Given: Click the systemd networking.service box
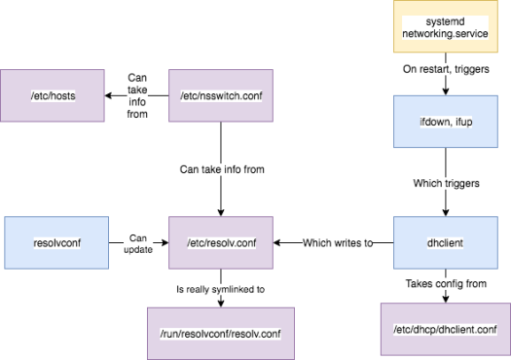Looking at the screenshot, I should click(x=446, y=27).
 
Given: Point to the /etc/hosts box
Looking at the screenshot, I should click(x=55, y=96).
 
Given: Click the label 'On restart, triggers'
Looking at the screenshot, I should click(x=446, y=71).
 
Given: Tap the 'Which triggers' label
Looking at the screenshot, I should click(x=446, y=184).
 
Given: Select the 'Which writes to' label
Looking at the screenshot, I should click(x=337, y=242).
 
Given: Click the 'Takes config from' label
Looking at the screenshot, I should click(x=446, y=283).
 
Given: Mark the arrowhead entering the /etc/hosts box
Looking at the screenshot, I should click(x=109, y=96).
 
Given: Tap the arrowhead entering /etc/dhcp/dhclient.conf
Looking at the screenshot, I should click(x=446, y=299).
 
